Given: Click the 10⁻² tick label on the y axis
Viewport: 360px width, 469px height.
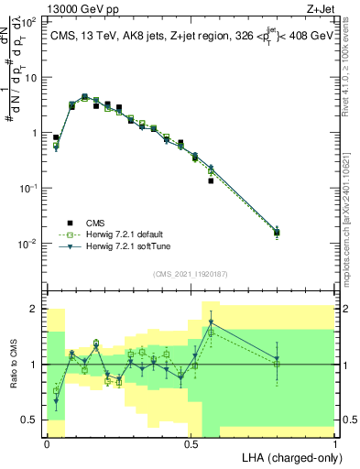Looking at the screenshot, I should [30, 244].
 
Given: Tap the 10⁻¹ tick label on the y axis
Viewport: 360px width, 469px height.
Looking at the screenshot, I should [30, 188].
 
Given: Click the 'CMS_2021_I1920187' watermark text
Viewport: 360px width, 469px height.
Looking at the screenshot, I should [191, 273].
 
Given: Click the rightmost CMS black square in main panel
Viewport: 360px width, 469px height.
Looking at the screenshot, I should [277, 233].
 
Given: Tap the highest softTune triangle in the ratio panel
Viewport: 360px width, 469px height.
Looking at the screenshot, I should [211, 322].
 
